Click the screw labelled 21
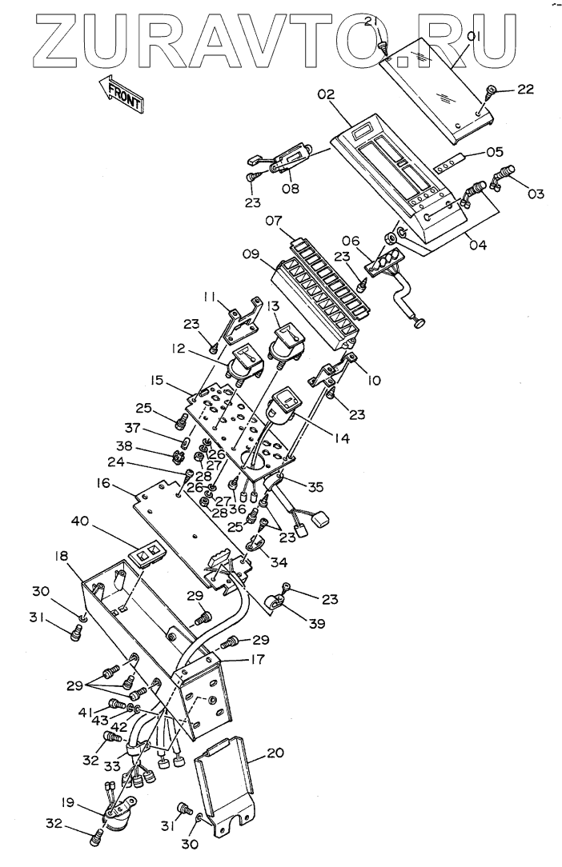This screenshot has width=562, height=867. [384, 50]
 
